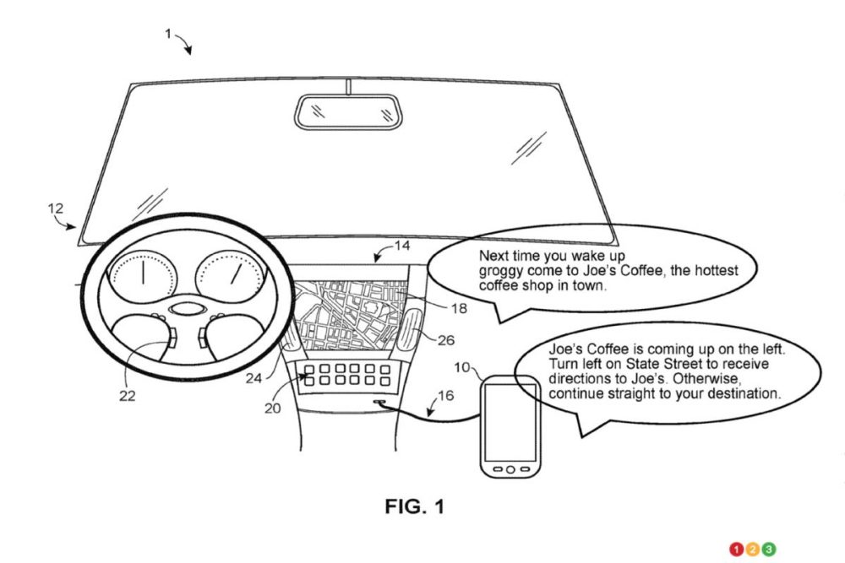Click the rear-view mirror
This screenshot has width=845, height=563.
click(x=346, y=110)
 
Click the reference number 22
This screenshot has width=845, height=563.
click(x=125, y=393)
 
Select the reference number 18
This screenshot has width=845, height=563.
click(x=458, y=309)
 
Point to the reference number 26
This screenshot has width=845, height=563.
click(x=447, y=340)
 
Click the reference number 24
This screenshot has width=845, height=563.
click(x=253, y=379)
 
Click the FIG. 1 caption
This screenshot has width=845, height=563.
click(x=414, y=506)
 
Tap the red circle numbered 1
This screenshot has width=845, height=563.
click(x=737, y=550)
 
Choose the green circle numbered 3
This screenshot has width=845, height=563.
click(x=768, y=550)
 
